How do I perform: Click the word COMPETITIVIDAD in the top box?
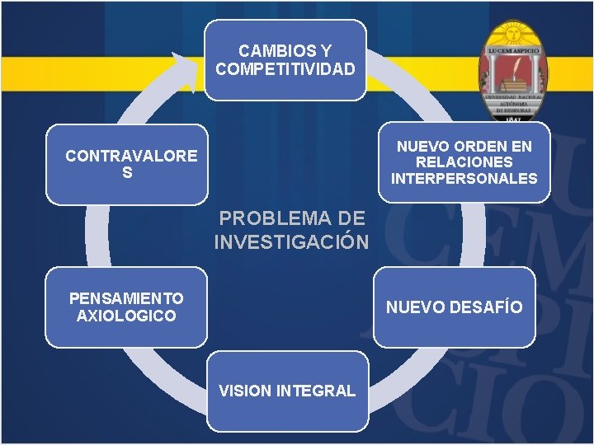(285, 68)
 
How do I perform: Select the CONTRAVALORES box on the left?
(127, 164)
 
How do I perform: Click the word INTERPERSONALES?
(464, 179)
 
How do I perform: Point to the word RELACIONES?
(464, 162)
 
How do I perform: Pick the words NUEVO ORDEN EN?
(464, 147)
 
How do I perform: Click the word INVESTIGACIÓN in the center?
(291, 242)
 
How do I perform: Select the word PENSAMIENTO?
(126, 298)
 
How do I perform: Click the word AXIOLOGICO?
(126, 316)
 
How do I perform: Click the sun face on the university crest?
(513, 35)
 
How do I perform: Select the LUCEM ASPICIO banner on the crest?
(513, 51)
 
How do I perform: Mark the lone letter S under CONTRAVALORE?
(127, 173)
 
